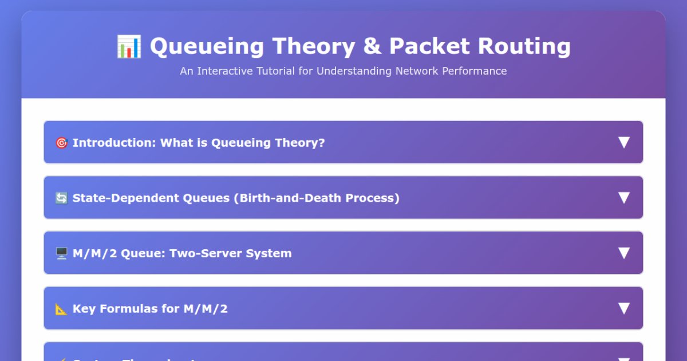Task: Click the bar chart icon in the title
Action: point(129,46)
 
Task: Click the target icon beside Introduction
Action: point(61,143)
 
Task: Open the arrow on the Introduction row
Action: point(623,143)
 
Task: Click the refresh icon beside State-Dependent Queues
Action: point(61,198)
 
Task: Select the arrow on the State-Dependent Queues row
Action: point(623,198)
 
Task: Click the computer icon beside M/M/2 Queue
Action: point(61,253)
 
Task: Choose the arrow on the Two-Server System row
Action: point(623,253)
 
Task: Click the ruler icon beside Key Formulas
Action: point(61,309)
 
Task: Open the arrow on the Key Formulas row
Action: point(623,308)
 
